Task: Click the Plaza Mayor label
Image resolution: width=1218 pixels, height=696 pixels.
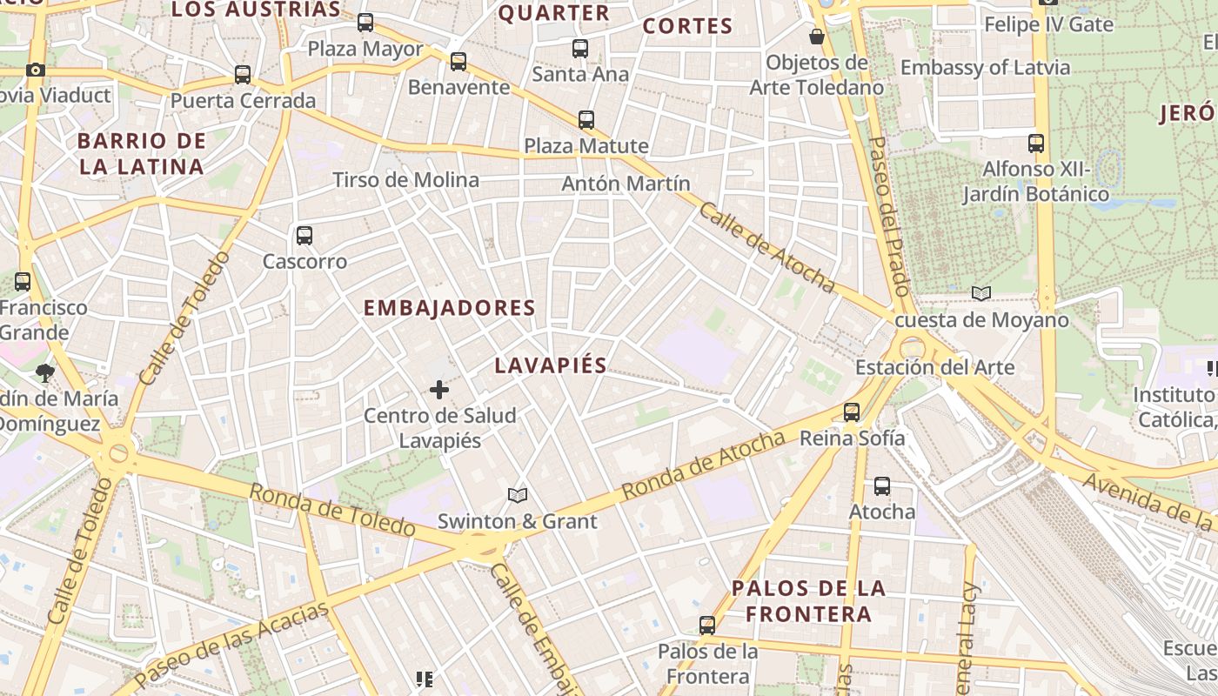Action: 365,49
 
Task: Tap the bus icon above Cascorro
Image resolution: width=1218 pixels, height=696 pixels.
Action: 304,235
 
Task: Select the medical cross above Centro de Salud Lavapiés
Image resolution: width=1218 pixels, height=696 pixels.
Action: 439,389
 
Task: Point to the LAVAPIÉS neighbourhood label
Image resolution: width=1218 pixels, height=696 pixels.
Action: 550,365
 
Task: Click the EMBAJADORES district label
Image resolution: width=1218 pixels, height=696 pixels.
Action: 449,308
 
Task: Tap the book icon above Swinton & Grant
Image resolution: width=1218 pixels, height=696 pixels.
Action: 518,495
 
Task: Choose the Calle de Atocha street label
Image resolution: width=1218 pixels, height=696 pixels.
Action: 766,248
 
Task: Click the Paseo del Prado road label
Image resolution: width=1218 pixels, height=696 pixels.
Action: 889,227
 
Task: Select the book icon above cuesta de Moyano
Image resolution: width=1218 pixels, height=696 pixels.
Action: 981,294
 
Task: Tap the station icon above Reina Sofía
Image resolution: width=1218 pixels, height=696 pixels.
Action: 852,412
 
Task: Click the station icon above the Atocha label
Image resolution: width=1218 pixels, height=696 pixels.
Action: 882,486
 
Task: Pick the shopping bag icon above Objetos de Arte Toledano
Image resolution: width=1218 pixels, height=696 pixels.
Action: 816,37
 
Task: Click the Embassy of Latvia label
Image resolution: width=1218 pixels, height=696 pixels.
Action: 985,68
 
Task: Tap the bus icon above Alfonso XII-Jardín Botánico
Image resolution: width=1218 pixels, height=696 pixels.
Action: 1035,143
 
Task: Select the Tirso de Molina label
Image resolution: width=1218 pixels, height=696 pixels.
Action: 405,180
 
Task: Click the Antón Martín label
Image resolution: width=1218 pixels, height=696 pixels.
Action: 626,184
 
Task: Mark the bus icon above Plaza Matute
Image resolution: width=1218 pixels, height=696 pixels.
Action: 586,119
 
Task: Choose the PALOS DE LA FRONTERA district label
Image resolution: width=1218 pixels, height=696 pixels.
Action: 809,600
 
